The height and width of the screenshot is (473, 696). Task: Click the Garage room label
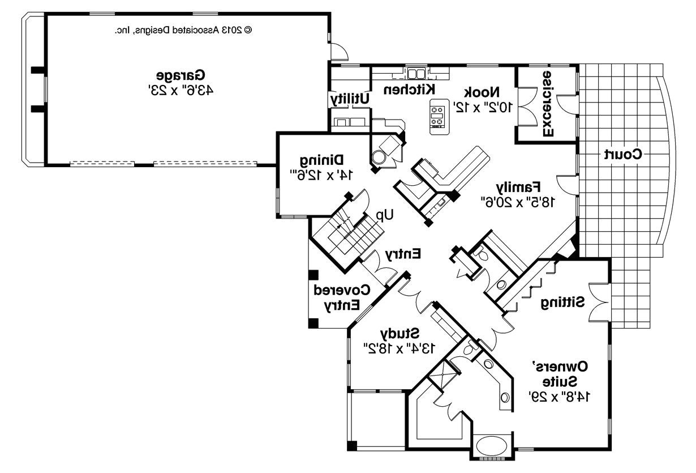coord(181,75)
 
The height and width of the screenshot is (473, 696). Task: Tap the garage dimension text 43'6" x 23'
coord(181,90)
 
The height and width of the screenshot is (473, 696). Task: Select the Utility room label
coord(350,99)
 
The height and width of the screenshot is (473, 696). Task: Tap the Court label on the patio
coord(622,154)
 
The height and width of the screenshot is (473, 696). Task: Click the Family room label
coord(518,186)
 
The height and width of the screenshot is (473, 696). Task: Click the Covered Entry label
coord(342,297)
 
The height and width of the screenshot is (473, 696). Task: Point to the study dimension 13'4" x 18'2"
coord(399,347)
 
